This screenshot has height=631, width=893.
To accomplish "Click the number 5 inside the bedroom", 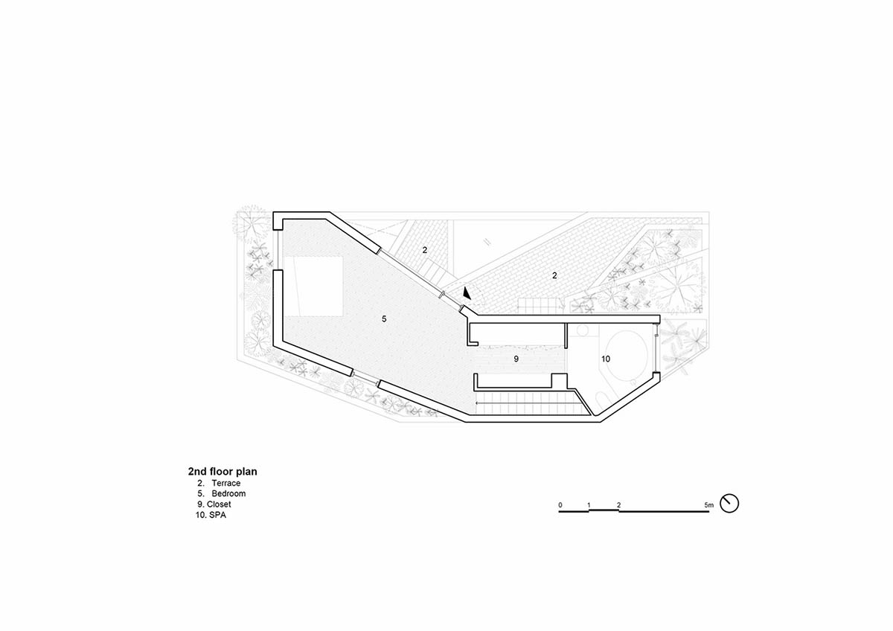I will coord(384,318).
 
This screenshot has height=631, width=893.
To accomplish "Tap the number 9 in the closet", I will coord(516,359).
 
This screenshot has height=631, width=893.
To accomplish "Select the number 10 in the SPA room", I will coord(605,359).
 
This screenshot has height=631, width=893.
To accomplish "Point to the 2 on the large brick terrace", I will coord(554,275).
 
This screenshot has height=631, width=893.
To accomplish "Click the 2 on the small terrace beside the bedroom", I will coord(425,250).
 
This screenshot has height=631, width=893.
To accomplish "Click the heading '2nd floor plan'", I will coord(223,471).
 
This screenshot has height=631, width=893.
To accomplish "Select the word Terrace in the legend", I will coord(225,483).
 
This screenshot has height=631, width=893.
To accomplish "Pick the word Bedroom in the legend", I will coord(228,493).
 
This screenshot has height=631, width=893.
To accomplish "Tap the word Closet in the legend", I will coord(219,504).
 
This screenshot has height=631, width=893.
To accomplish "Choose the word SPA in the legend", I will coord(217,514).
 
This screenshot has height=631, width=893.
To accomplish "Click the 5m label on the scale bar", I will coord(709,505).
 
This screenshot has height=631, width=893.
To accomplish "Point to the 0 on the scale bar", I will coord(560,505).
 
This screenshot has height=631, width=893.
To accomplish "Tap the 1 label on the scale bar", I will coord(589,505).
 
